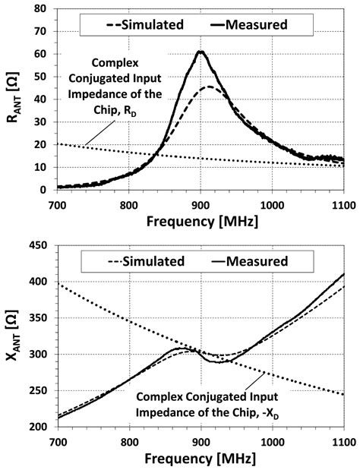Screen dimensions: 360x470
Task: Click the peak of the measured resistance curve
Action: (201, 52)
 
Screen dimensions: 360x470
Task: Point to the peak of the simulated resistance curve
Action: (209, 87)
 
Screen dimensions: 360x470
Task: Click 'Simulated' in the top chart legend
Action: (152, 24)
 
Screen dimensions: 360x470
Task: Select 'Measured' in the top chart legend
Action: (256, 24)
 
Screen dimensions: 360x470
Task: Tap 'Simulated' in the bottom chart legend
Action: (153, 261)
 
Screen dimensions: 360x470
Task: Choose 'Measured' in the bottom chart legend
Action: (257, 261)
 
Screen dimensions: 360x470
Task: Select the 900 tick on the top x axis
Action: (201, 206)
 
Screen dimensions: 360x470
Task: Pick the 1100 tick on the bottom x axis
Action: (343, 443)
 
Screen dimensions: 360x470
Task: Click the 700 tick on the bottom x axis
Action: (58, 443)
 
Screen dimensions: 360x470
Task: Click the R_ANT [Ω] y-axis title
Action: (14, 97)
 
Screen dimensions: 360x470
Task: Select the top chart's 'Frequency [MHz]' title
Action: (202, 222)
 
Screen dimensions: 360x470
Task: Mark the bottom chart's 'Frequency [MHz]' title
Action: (201, 459)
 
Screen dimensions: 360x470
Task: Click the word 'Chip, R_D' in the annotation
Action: (115, 111)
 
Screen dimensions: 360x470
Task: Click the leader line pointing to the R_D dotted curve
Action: (100, 133)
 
